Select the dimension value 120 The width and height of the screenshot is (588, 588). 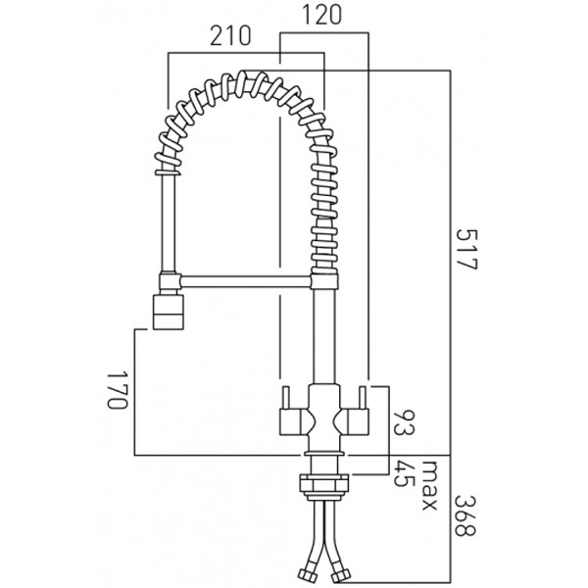click(x=324, y=18)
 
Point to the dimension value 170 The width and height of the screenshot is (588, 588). click(x=118, y=389)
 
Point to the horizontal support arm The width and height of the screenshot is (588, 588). click(x=245, y=281)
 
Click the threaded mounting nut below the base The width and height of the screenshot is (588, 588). click(x=322, y=482)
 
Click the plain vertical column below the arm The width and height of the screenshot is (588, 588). click(x=322, y=333)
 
